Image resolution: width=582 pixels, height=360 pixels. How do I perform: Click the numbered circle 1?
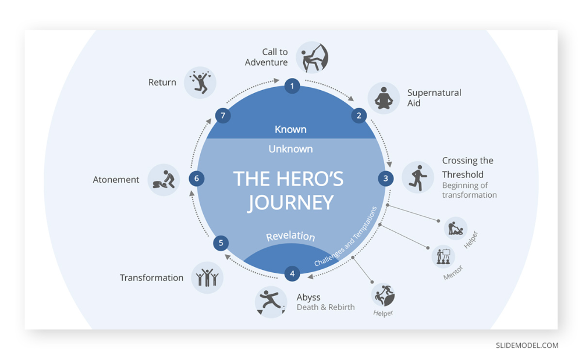(x=292, y=86)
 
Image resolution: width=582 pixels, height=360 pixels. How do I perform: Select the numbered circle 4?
(x=292, y=273)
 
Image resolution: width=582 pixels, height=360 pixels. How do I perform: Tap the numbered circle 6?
(x=196, y=179)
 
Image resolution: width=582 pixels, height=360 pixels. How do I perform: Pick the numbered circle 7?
(x=223, y=115)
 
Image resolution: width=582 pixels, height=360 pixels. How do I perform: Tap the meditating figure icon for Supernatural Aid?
(x=384, y=98)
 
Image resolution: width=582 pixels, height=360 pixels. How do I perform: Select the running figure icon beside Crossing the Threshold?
(x=418, y=177)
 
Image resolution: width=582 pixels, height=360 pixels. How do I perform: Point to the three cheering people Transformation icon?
(x=207, y=277)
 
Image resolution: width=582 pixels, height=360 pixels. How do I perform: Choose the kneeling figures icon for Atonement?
(x=164, y=180)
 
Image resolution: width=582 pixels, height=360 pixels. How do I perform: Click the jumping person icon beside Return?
(x=200, y=83)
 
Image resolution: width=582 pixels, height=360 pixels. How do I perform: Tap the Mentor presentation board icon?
(x=443, y=256)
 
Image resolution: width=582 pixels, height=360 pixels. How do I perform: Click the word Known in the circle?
(x=290, y=129)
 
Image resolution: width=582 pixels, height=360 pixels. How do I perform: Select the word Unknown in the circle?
(x=290, y=149)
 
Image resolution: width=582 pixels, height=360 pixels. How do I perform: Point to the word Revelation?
(x=290, y=236)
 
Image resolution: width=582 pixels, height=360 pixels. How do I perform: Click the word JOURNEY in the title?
(x=290, y=203)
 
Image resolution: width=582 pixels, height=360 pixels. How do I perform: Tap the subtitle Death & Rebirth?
(x=325, y=307)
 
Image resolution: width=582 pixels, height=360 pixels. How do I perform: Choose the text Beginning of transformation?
(x=469, y=190)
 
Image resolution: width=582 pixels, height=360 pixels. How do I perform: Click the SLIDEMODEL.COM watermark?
(x=527, y=345)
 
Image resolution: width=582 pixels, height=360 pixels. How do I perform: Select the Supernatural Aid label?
(x=434, y=98)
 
